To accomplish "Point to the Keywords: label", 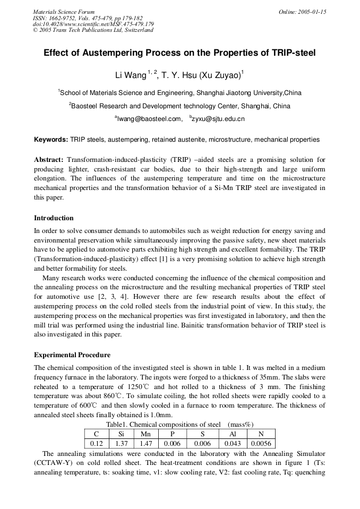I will pos(51,140).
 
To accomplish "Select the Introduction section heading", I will pos(54,218).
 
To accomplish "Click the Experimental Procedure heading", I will pos(72,355).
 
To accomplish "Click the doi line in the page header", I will pos(93,24).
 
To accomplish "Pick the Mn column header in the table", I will pos(145,434).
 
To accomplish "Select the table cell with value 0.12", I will pos(97,443).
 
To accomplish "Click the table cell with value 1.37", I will pos(121,443).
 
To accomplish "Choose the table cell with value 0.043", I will pos(232,443).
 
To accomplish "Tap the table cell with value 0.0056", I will pos(261,443).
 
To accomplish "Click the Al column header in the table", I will pos(232,434).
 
